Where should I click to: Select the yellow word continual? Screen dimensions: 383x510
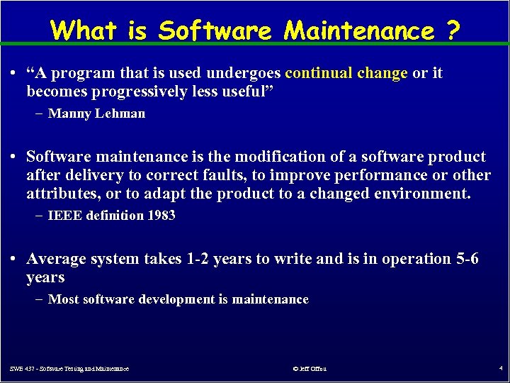pyautogui.click(x=319, y=73)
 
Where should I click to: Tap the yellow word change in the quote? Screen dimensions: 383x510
pyautogui.click(x=382, y=73)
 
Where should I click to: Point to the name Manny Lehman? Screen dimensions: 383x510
pyautogui.click(x=96, y=113)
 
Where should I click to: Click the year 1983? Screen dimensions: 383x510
pyautogui.click(x=161, y=216)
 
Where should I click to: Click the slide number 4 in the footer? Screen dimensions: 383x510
pyautogui.click(x=499, y=369)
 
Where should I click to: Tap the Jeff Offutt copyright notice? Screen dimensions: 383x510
pyautogui.click(x=309, y=369)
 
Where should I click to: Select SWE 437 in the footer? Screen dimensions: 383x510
pyautogui.click(x=23, y=369)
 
